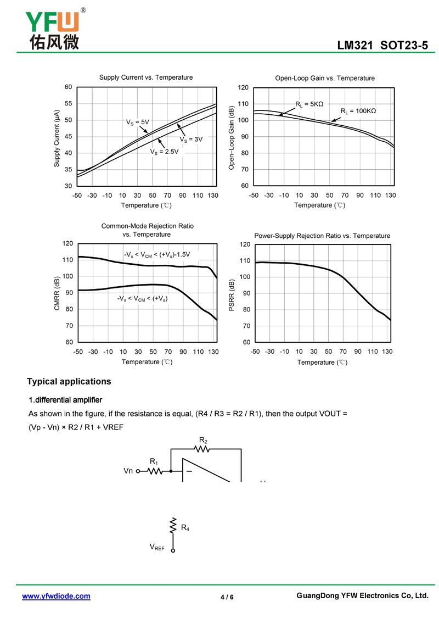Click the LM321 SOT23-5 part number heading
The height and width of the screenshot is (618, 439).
pyautogui.click(x=382, y=46)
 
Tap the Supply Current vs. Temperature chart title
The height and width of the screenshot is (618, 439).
pyautogui.click(x=145, y=77)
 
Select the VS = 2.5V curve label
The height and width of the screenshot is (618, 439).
pyautogui.click(x=164, y=152)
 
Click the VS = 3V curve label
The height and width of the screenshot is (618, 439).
pyautogui.click(x=191, y=140)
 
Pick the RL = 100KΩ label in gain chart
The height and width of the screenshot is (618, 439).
pyautogui.click(x=358, y=111)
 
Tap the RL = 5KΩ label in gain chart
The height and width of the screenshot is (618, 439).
pyautogui.click(x=309, y=104)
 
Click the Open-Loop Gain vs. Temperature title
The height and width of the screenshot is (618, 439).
pyautogui.click(x=325, y=78)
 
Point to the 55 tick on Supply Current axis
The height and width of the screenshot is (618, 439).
pyautogui.click(x=68, y=104)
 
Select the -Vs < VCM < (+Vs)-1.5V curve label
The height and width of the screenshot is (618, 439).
pyautogui.click(x=156, y=255)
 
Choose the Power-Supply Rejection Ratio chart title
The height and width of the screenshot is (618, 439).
pyautogui.click(x=322, y=236)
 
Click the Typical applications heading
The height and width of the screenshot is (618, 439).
pyautogui.click(x=69, y=381)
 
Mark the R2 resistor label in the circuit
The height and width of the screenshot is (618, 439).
pyautogui.click(x=202, y=440)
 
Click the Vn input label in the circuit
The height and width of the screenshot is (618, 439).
pyautogui.click(x=128, y=471)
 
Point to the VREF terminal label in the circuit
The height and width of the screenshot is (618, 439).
pyautogui.click(x=157, y=547)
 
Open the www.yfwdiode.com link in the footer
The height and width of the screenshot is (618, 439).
pyautogui.click(x=56, y=596)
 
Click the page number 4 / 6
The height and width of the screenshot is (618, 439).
pyautogui.click(x=227, y=597)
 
